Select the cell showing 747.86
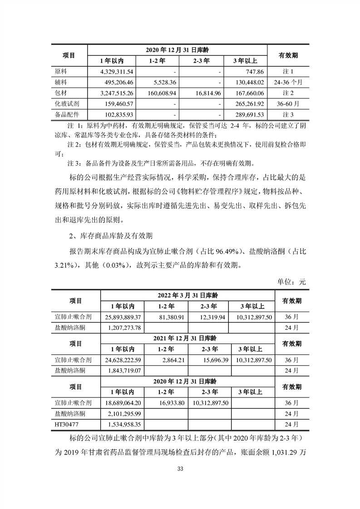[x=254, y=72]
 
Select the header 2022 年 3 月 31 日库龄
[x=187, y=294]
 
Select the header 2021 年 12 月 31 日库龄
[x=187, y=338]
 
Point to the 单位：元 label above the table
[x=292, y=282]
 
